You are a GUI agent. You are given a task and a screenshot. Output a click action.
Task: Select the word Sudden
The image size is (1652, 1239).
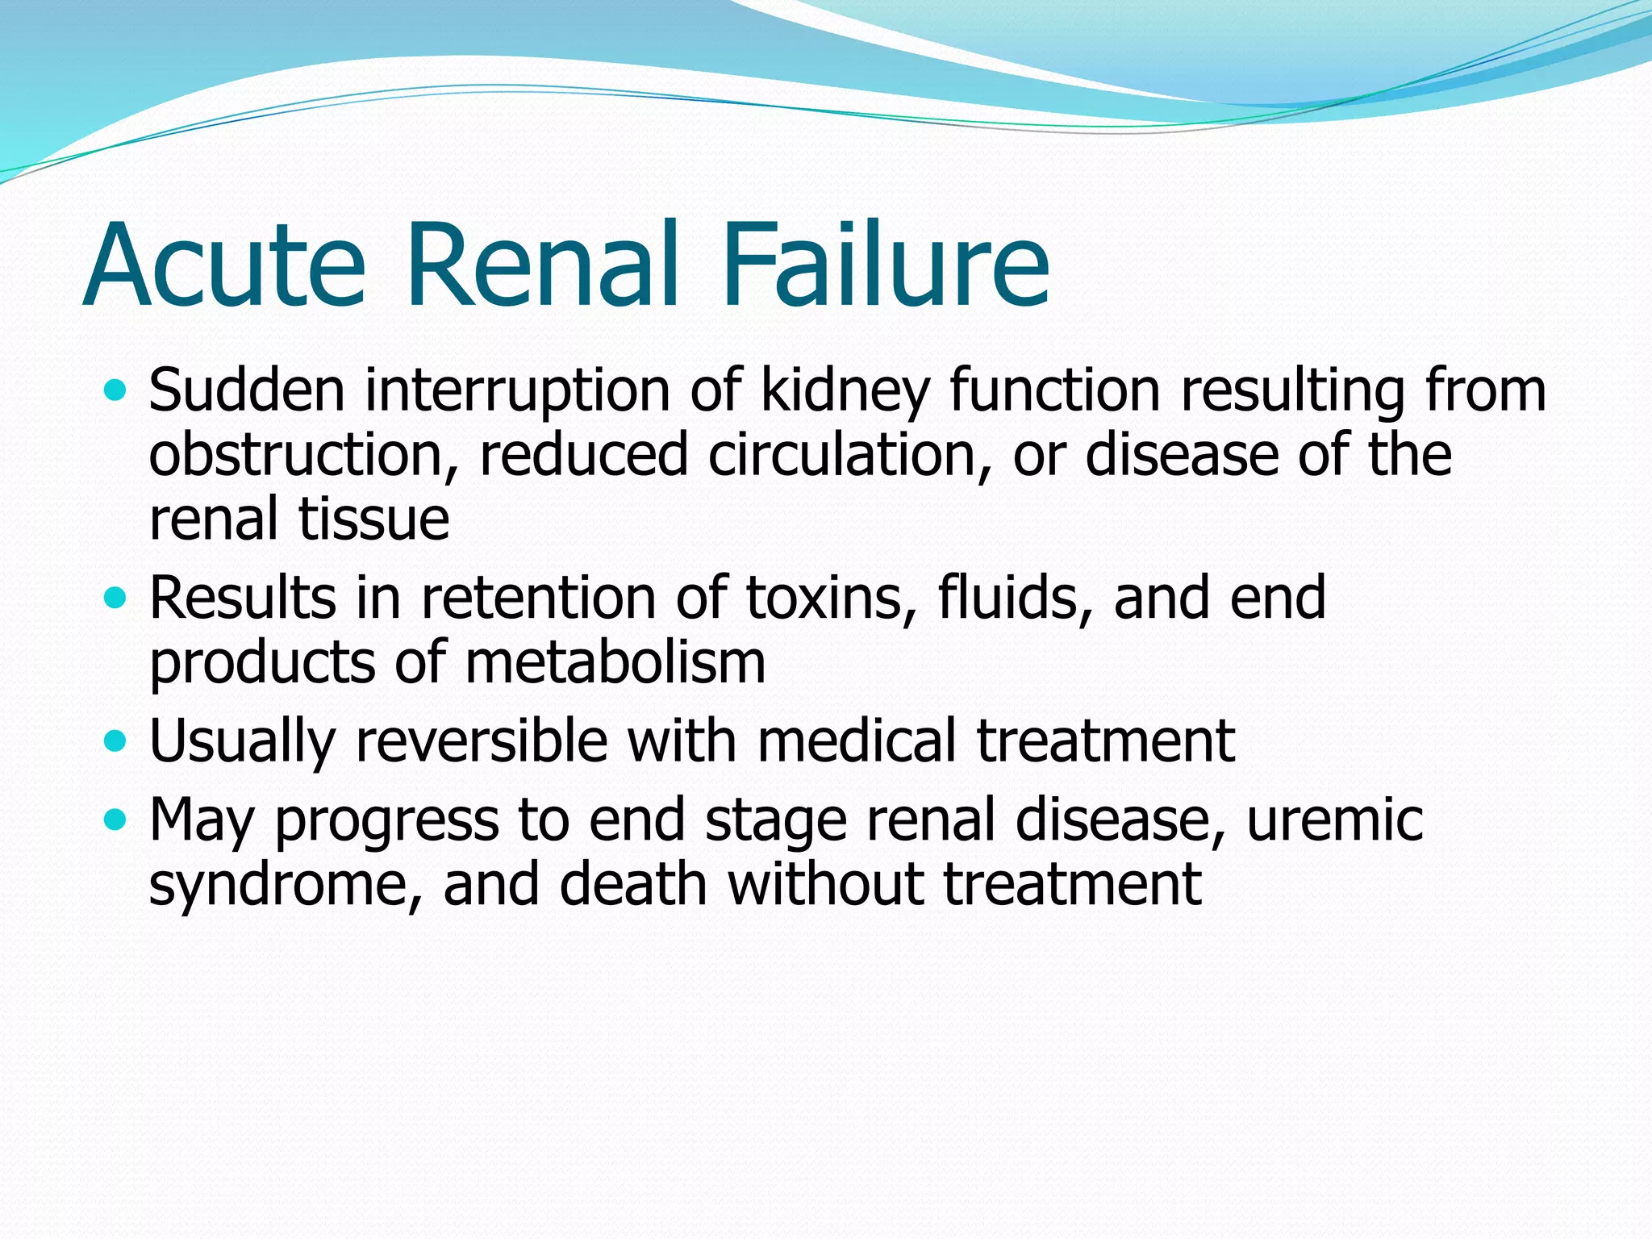(x=246, y=390)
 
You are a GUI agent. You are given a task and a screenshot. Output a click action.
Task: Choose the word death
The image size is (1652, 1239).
(x=632, y=884)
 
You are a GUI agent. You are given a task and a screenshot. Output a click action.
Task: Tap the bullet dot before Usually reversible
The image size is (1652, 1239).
(x=116, y=741)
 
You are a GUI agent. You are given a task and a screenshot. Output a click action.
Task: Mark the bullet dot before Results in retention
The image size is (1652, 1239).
(x=116, y=599)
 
